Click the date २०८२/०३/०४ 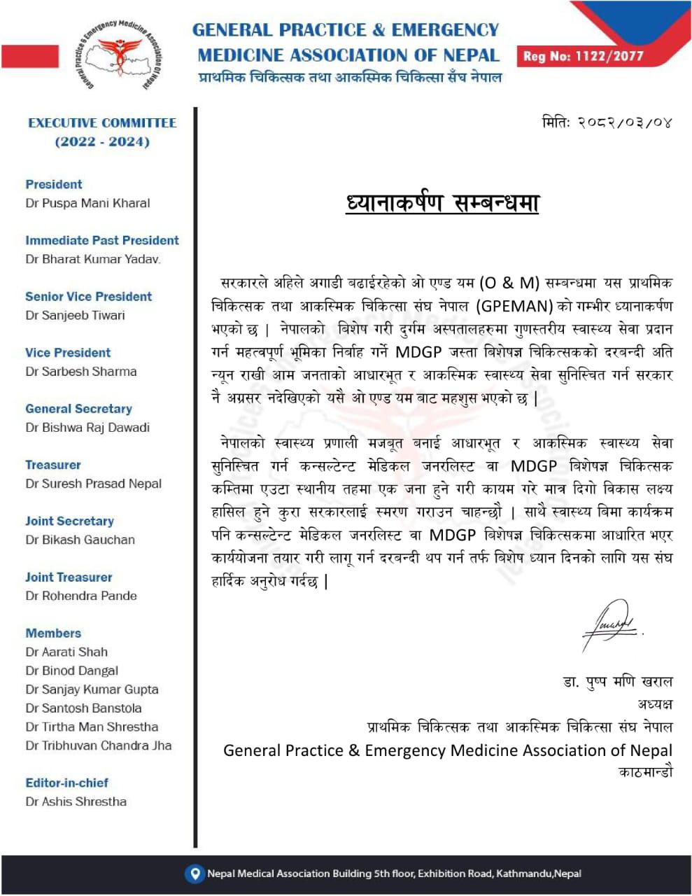tap(607, 122)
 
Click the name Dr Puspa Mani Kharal tap(87, 203)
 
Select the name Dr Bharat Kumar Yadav tap(93, 259)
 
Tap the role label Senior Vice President tap(88, 296)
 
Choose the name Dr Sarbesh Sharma tap(81, 371)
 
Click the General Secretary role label tap(78, 409)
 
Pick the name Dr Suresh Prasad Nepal tap(93, 484)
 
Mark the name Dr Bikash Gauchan tap(80, 540)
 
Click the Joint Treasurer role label tap(69, 577)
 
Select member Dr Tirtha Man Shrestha tap(92, 727)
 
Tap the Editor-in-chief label tap(66, 783)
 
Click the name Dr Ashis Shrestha tap(76, 801)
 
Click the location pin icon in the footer tap(194, 873)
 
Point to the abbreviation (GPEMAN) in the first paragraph tap(515, 306)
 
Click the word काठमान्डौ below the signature tap(646, 772)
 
